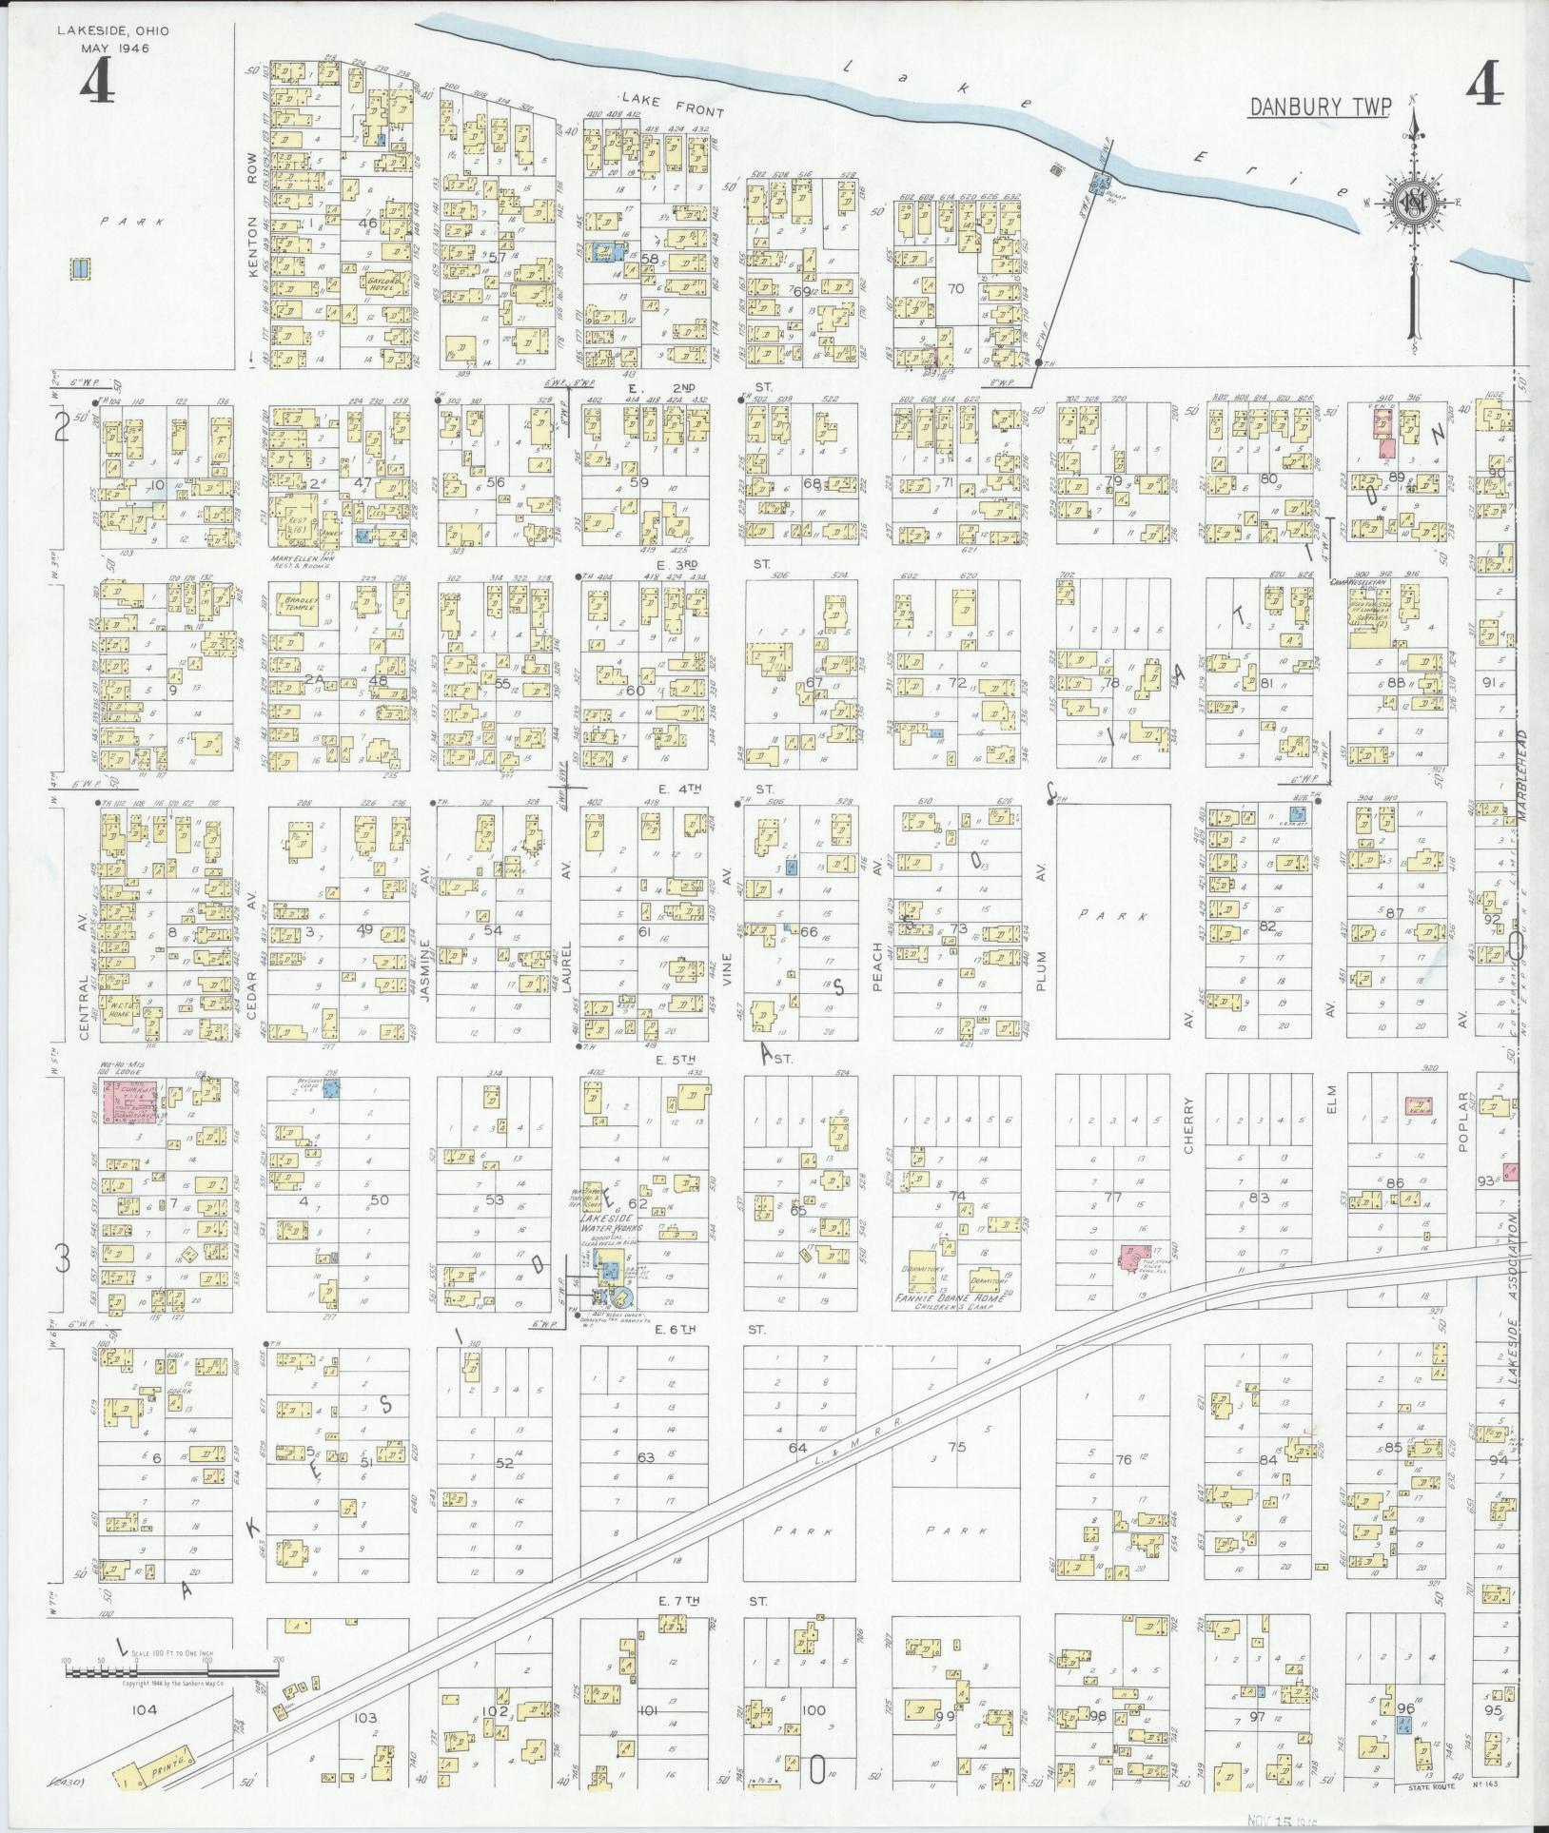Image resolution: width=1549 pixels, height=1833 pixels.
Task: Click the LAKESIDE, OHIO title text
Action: (x=112, y=30)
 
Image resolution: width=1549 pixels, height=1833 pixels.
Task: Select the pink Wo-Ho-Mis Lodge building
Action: (x=133, y=1103)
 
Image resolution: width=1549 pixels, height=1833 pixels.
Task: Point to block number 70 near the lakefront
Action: (x=956, y=287)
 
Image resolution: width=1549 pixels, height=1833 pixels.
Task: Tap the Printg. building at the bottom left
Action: (x=162, y=1763)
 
